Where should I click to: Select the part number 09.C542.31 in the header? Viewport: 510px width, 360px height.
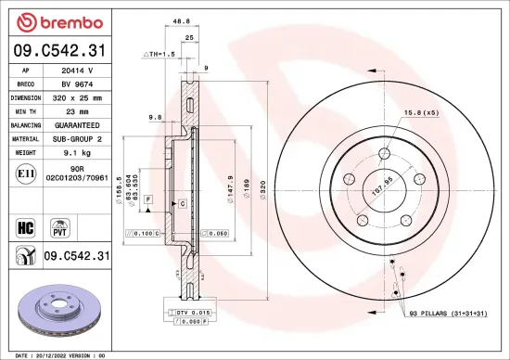tap(58, 50)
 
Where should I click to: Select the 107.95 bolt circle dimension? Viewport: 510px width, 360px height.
tap(380, 185)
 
